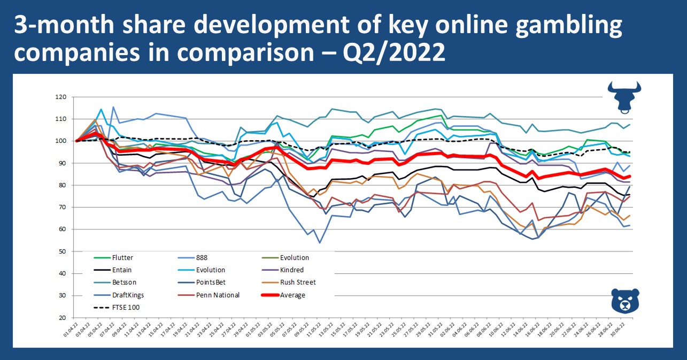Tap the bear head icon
point(624,301)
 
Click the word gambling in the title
point(567,27)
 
